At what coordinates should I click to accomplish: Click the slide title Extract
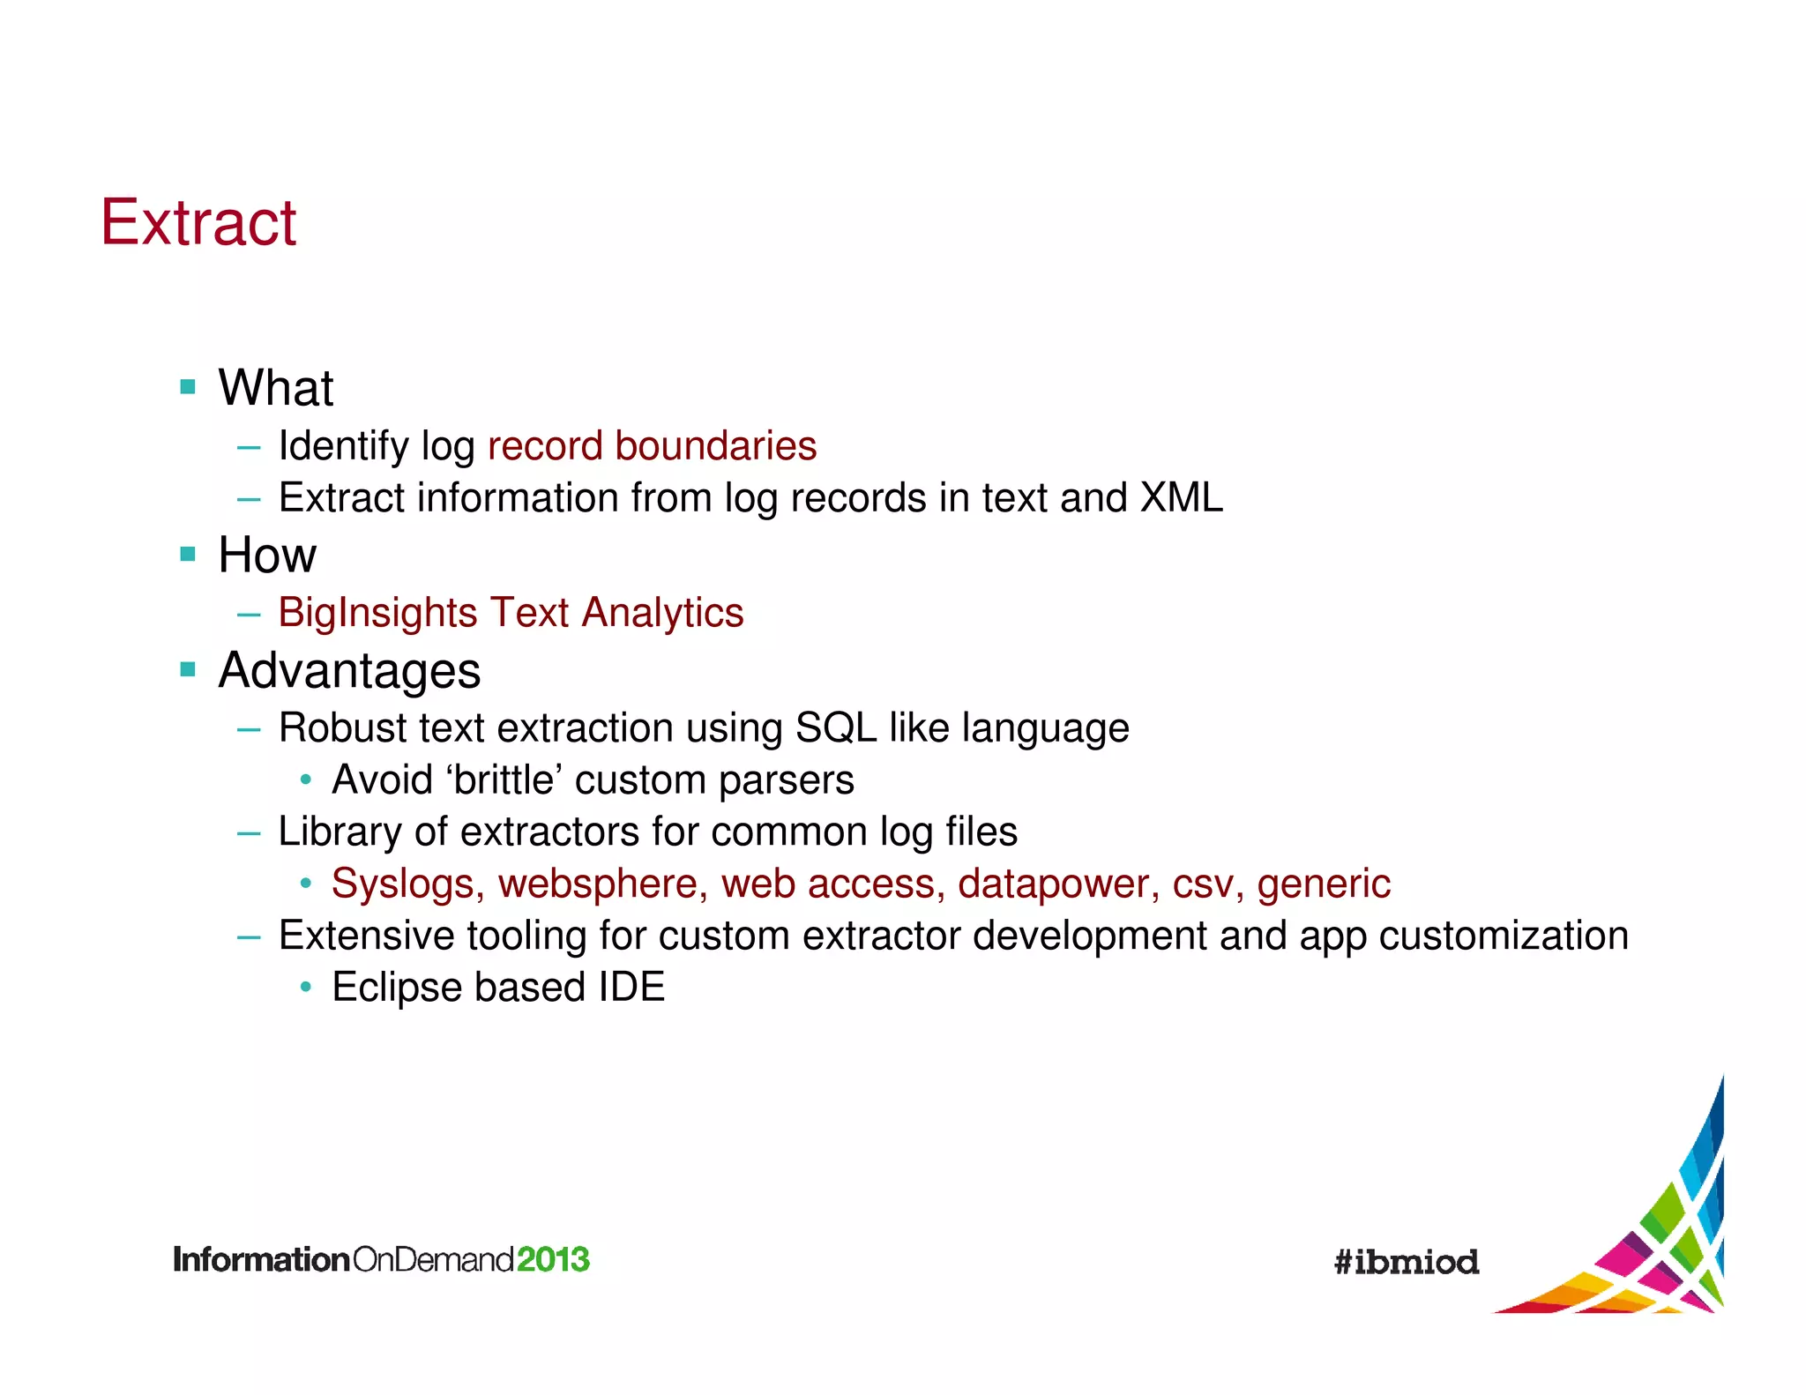coord(198,222)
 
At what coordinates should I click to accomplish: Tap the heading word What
coord(276,388)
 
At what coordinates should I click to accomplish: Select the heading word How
coord(266,556)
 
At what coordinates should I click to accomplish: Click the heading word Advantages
coord(349,671)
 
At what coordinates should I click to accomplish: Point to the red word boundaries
coord(715,446)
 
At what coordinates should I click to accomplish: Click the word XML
coord(1182,498)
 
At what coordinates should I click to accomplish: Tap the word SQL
coord(835,728)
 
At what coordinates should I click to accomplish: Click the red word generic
coord(1324,884)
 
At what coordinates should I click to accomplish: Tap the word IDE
coord(631,988)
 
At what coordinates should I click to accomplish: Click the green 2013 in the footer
coord(553,1259)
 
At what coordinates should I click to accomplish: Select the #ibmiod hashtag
coord(1407,1262)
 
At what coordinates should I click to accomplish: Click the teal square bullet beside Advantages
coord(188,669)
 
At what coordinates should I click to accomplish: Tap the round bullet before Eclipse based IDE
coord(305,987)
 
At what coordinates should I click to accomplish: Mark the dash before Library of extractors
coord(249,832)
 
